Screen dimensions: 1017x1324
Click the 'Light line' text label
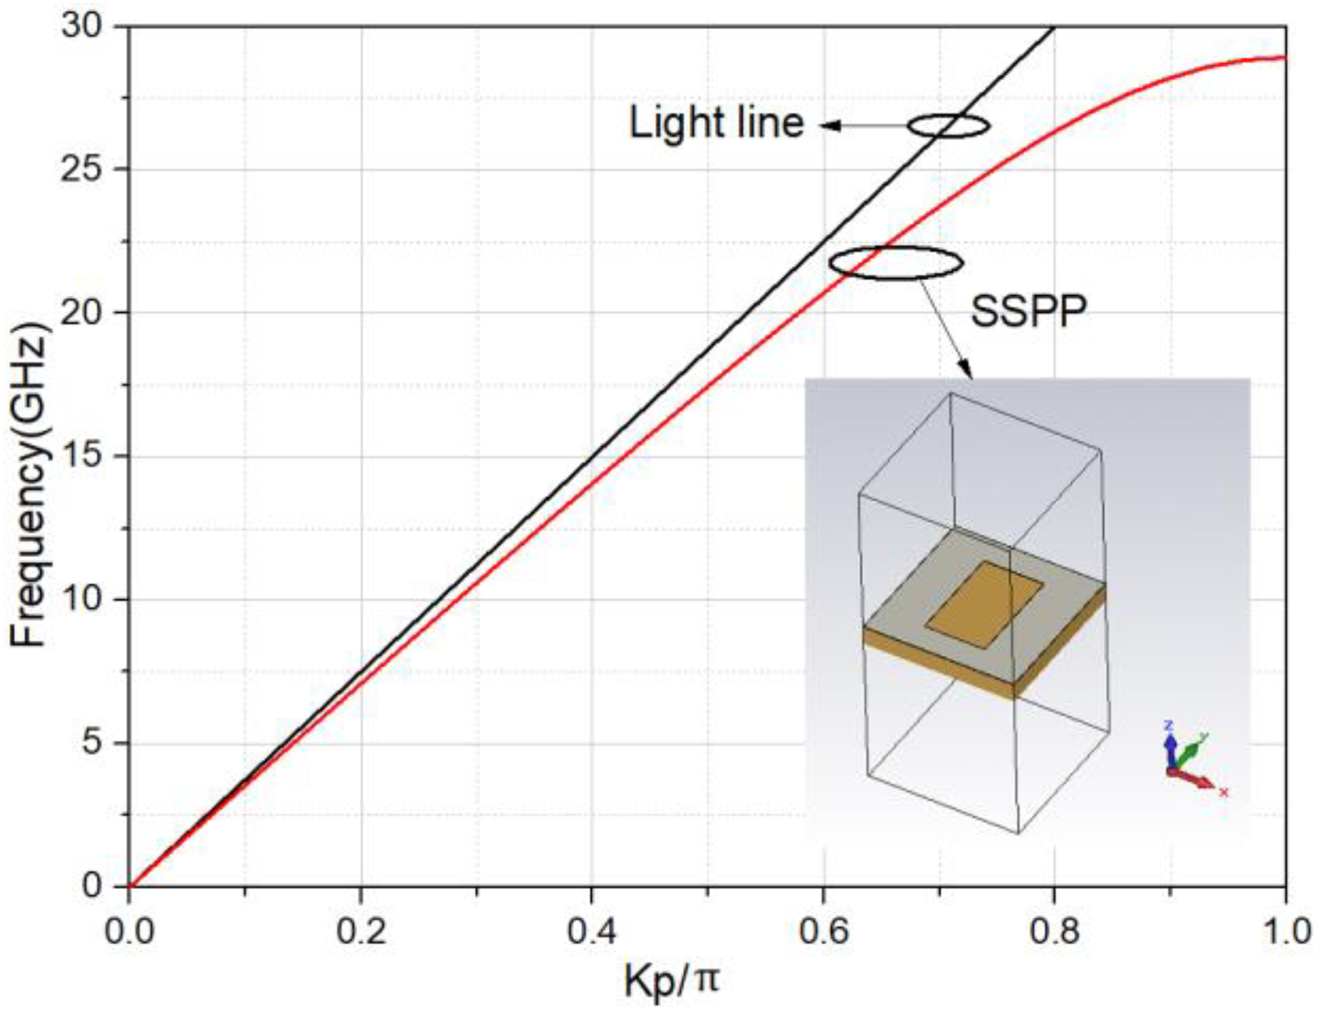716,124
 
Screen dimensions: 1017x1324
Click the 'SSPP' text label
1027,311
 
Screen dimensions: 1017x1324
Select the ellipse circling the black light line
948,126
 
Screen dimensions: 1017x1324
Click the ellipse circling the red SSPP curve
896,263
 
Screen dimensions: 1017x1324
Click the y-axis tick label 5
93,743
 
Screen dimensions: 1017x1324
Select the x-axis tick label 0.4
592,931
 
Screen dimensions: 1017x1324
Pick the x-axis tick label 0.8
1054,931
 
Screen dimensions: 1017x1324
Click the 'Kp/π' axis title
671,982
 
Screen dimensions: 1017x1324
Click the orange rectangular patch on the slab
984,605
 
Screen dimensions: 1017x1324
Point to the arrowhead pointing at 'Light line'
828,126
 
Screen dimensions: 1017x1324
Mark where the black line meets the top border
1054,27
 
